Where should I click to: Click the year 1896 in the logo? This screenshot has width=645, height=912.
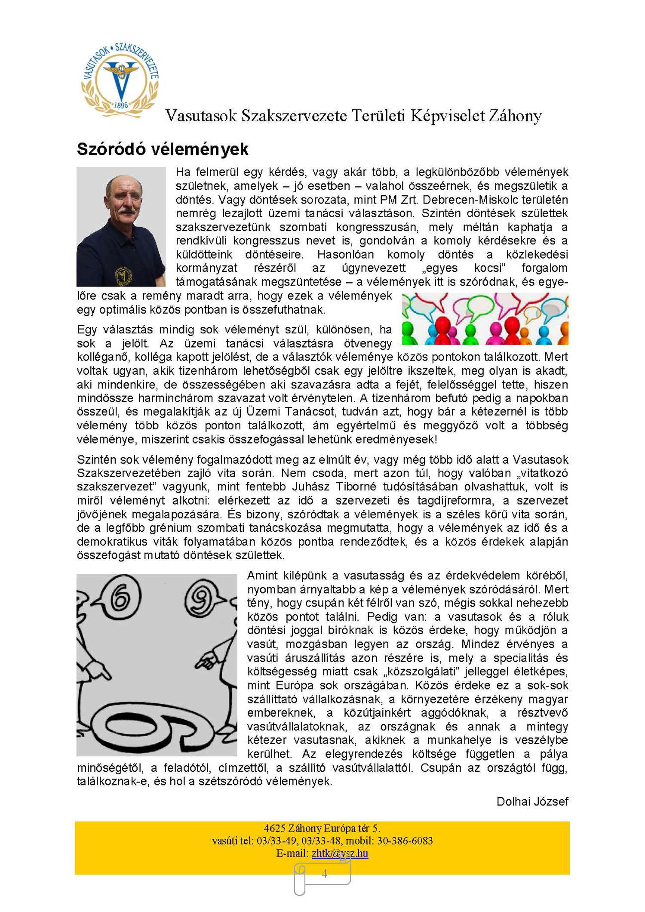pyautogui.click(x=121, y=105)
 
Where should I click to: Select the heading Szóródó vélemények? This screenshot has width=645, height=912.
pyautogui.click(x=163, y=149)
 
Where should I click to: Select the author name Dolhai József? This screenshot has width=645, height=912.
pyautogui.click(x=532, y=801)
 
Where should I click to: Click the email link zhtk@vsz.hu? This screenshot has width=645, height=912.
pyautogui.click(x=340, y=853)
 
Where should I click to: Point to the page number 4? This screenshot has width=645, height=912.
pyautogui.click(x=324, y=874)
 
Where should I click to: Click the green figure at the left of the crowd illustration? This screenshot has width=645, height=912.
pyautogui.click(x=408, y=332)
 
